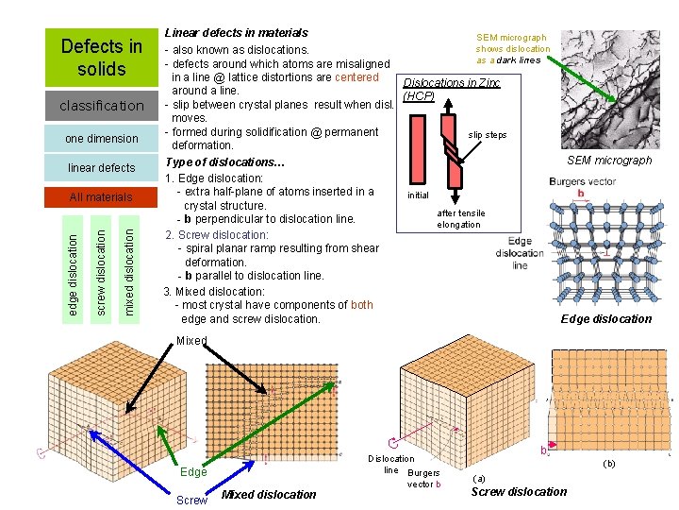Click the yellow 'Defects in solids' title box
click(101, 57)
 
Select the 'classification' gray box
click(101, 105)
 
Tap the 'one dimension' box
click(101, 138)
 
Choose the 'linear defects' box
click(101, 167)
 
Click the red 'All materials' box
click(101, 196)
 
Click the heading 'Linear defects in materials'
click(236, 32)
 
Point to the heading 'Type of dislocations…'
click(224, 163)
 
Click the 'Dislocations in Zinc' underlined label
click(451, 83)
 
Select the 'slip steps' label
click(488, 135)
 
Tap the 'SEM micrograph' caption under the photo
click(608, 160)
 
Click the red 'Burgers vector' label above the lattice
click(582, 181)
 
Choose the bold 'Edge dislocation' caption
click(605, 318)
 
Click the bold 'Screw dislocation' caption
click(519, 491)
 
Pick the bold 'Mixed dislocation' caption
click(269, 494)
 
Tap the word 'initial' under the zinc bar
click(418, 195)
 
